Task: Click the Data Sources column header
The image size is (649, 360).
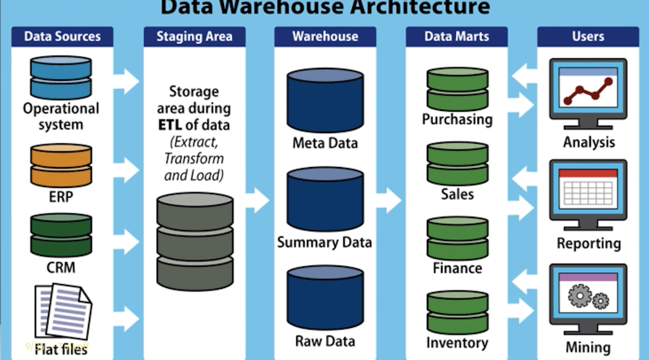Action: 62,36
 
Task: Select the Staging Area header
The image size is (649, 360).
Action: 194,36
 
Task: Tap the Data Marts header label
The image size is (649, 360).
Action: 456,36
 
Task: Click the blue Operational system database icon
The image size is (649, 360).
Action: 61,77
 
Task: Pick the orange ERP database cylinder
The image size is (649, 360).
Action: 61,165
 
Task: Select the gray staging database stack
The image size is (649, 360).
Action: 195,241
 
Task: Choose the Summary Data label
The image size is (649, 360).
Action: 324,242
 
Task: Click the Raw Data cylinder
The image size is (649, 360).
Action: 325,298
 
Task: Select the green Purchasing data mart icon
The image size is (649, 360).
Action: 457,89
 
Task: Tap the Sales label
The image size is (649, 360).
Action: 457,194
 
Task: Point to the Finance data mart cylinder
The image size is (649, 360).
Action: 457,238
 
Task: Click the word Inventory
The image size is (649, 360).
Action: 457,343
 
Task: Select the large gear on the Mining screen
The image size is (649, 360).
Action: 580,295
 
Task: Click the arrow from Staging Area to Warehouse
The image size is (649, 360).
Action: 258,200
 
